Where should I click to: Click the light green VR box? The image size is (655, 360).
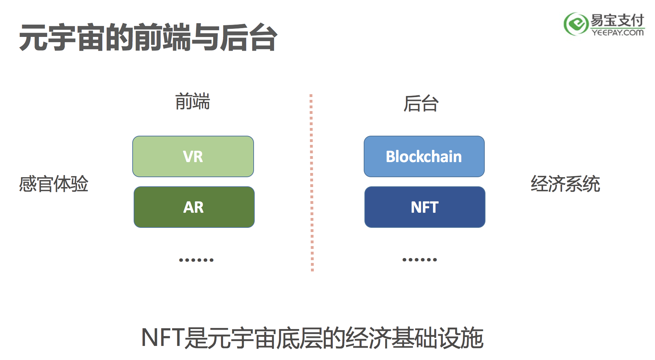[193, 156]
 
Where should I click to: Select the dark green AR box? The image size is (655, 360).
[194, 207]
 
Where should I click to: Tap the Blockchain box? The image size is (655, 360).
[424, 156]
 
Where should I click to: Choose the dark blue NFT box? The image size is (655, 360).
[425, 207]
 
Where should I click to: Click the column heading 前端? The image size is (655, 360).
[193, 102]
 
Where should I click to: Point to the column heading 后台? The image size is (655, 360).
[421, 103]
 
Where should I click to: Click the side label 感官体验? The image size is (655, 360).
[53, 184]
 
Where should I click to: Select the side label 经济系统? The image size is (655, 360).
[565, 184]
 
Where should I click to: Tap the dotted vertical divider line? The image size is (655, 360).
[312, 183]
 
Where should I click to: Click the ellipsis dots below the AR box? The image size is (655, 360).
[196, 260]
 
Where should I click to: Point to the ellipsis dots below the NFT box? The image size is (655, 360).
[420, 260]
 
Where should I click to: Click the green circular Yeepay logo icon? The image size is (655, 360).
[576, 24]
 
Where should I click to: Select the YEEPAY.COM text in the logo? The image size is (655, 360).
[618, 32]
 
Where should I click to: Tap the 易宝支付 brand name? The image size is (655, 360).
[617, 20]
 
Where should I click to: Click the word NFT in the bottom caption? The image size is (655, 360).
[163, 337]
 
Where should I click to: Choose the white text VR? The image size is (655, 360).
[193, 157]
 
